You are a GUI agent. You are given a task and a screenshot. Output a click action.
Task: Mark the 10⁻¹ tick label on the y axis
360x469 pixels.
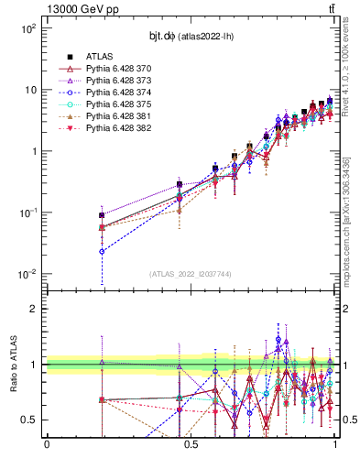point(27,213)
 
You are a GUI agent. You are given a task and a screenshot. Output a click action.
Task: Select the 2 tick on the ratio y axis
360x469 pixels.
point(31,309)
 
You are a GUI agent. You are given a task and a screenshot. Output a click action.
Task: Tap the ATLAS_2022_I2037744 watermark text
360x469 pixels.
point(190,274)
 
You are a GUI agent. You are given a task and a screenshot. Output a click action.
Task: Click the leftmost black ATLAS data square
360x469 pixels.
point(102,215)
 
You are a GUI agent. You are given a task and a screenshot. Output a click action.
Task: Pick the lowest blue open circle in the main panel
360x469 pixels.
point(102,251)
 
